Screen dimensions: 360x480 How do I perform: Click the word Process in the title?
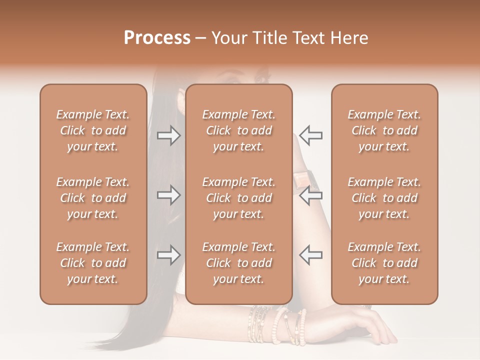coord(157,38)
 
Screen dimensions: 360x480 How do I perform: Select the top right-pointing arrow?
coord(168,135)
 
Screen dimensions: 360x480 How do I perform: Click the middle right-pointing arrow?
coord(168,195)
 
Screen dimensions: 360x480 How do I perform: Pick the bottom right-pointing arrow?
coord(168,255)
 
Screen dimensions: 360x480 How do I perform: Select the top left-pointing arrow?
coord(310,135)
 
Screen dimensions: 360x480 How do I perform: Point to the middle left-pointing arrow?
coord(310,195)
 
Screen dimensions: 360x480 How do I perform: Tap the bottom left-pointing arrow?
coord(310,255)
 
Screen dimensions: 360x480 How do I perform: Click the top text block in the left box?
coord(93,130)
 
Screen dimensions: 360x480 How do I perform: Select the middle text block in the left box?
coord(93,198)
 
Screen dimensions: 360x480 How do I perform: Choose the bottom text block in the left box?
coord(93,263)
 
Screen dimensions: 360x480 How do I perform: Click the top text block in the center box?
coord(238,130)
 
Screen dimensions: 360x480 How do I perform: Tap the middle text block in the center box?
coord(238,198)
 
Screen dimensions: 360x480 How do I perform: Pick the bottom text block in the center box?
coord(238,263)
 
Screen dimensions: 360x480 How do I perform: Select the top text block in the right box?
coord(384,130)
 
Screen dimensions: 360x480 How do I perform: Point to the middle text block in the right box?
coord(384,198)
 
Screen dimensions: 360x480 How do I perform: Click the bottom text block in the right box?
coord(384,263)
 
